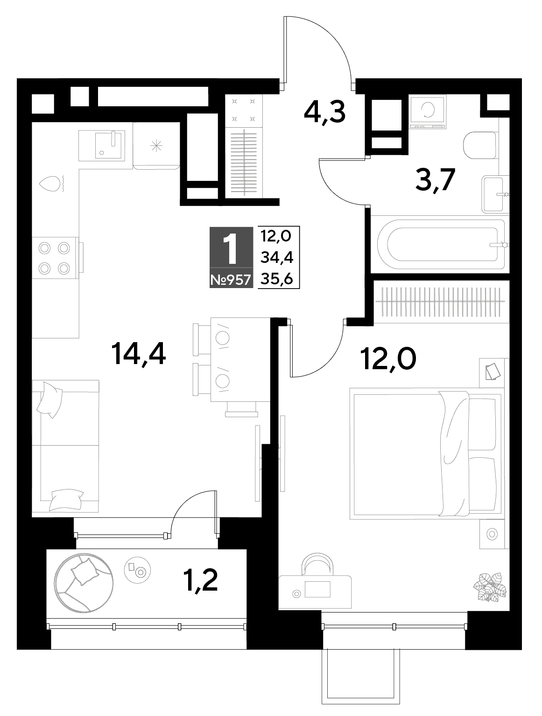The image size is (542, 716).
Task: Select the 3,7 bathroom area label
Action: (x=435, y=180)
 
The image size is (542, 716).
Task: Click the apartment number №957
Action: (x=231, y=280)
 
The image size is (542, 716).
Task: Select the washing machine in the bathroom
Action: (x=428, y=111)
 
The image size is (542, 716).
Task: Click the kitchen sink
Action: (x=102, y=145)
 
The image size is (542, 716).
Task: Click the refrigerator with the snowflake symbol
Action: (x=156, y=146)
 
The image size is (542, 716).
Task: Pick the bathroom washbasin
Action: (x=496, y=194)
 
